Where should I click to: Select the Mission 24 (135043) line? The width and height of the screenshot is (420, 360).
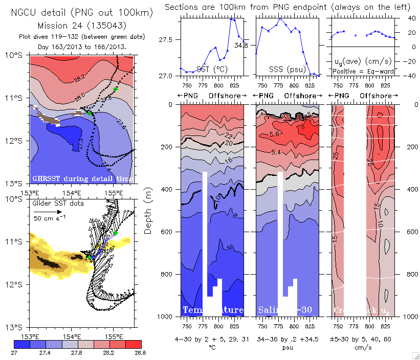coord(82,26)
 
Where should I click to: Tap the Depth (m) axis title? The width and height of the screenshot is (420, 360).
coord(148,210)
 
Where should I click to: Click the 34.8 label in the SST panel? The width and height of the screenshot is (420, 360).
coord(241,46)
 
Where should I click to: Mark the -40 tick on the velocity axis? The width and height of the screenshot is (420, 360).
coord(409,76)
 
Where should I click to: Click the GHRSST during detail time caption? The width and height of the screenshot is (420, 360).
coord(82,178)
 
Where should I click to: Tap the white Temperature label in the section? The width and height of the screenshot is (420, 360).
coord(213,310)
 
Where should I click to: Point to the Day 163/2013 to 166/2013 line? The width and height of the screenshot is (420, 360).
coord(82,47)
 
